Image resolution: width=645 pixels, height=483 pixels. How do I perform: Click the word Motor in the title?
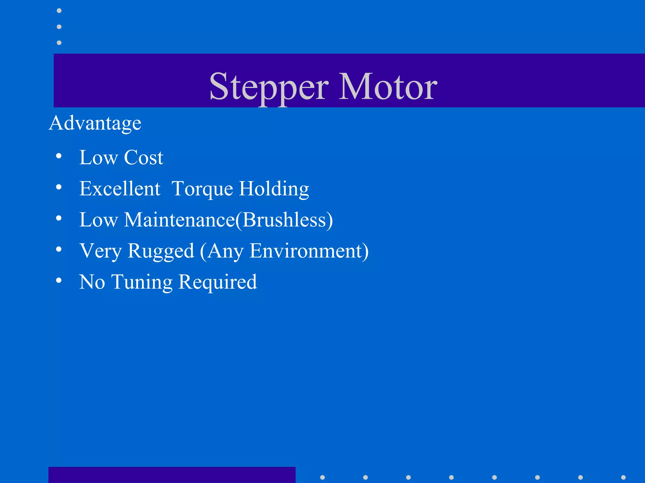(x=388, y=86)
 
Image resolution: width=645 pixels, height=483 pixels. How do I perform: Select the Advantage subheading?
(x=95, y=123)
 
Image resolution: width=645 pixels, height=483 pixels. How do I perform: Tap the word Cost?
(x=143, y=157)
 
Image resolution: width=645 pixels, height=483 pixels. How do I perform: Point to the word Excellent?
(x=120, y=188)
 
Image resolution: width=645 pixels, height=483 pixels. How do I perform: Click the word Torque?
(x=202, y=189)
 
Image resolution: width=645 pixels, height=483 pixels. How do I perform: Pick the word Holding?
(x=274, y=189)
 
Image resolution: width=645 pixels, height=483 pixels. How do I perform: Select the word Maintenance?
(x=179, y=219)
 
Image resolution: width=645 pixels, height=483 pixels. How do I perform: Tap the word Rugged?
(x=161, y=251)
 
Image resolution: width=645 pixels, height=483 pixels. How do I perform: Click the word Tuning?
(x=142, y=282)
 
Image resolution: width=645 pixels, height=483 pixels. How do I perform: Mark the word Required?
(x=218, y=282)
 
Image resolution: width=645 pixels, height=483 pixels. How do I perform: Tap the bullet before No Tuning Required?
(x=59, y=280)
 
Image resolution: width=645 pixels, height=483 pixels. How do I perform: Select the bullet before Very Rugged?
(x=59, y=249)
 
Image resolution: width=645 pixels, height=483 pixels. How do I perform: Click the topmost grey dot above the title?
(x=59, y=11)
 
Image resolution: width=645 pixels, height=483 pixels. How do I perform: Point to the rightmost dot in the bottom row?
(x=623, y=477)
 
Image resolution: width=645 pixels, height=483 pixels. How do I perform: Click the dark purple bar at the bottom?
(x=172, y=475)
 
